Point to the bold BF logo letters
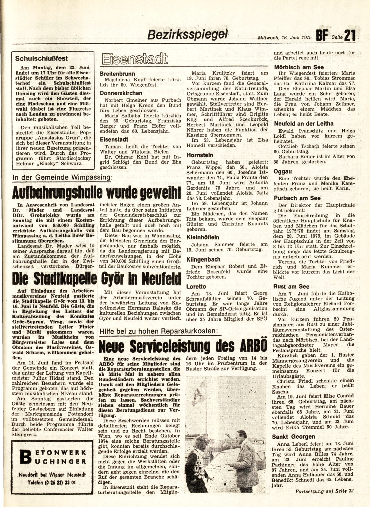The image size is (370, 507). coord(322,36)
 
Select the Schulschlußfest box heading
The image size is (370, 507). coord(41,59)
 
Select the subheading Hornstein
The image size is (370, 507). coord(200,155)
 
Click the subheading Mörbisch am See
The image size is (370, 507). coord(299,67)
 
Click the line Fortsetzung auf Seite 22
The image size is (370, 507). coord(324,491)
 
